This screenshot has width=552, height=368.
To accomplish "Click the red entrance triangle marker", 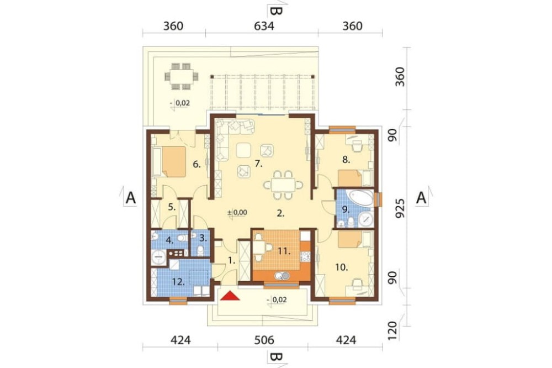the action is click(230, 296).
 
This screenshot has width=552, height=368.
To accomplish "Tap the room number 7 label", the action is click(258, 164).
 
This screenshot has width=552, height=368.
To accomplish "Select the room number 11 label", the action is click(284, 251).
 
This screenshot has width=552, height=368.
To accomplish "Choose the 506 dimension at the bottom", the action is click(264, 340).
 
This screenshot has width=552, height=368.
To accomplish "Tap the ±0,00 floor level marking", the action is click(237, 213).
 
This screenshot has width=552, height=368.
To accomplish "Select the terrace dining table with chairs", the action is click(181, 76).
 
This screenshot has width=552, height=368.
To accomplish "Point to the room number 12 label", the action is click(178, 282).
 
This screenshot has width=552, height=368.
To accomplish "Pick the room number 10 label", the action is click(341, 267).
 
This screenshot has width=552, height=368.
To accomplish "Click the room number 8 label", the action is click(347, 160).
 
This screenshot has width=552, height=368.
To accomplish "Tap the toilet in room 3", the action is click(200, 251).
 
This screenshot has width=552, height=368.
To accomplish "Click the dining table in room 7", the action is click(283, 185).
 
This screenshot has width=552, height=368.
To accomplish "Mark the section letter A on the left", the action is click(131, 198).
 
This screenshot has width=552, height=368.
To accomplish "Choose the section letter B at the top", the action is click(277, 11).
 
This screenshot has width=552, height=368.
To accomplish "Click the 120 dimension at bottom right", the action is click(393, 330).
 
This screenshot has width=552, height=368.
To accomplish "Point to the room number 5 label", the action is click(172, 207).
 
